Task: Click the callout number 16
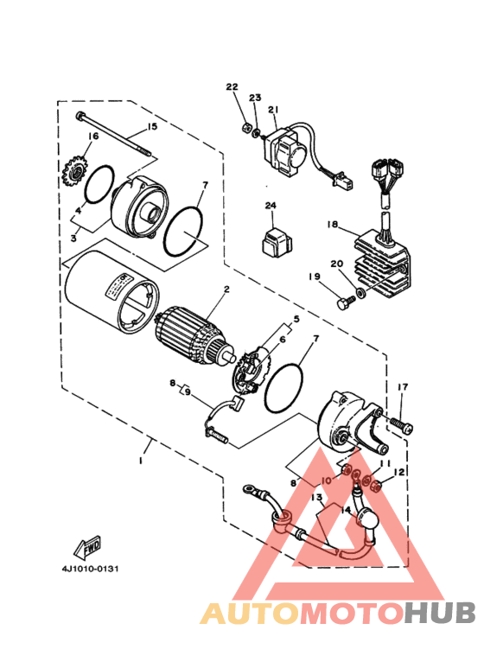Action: tap(92, 136)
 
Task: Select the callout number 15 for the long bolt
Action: tap(152, 127)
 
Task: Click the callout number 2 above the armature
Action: tap(226, 289)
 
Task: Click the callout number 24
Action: tap(270, 207)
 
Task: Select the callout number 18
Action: tap(331, 224)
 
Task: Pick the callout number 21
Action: tap(272, 110)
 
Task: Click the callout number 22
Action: tap(231, 87)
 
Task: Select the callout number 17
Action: tap(402, 386)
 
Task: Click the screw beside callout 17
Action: tap(402, 425)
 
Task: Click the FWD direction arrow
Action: tap(86, 547)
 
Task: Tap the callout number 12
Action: tap(398, 473)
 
